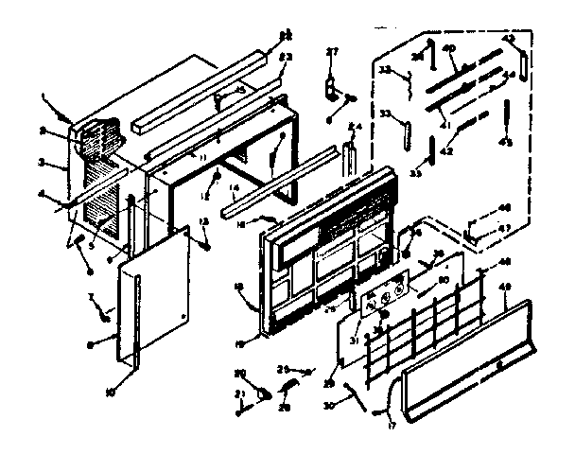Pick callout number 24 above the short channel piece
coord(354,126)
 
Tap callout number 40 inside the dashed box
coord(449,48)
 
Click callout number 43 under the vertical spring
coord(510,143)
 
